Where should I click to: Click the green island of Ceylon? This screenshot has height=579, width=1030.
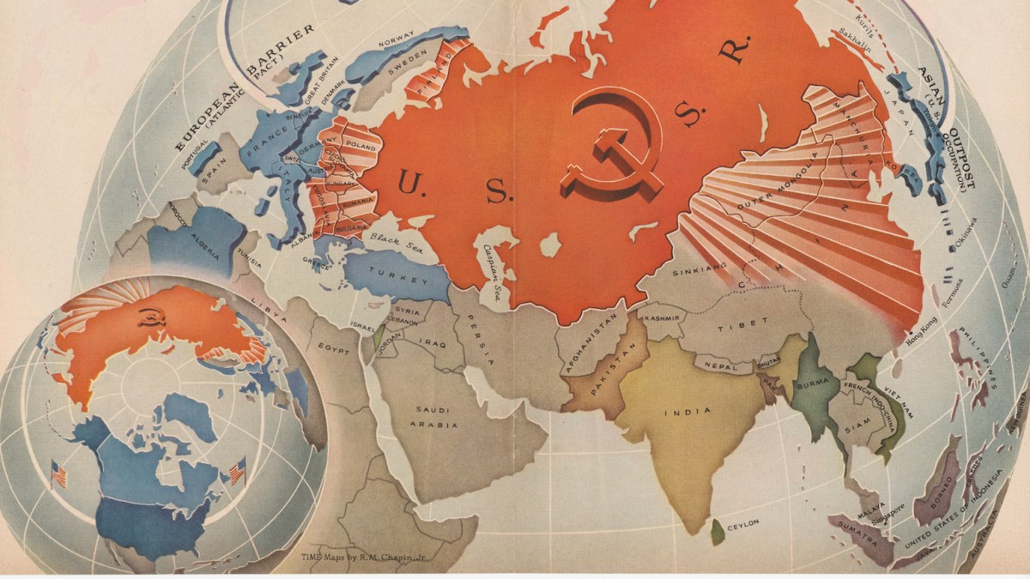click(x=718, y=532)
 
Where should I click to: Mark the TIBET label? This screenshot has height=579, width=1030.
click(x=738, y=327)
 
